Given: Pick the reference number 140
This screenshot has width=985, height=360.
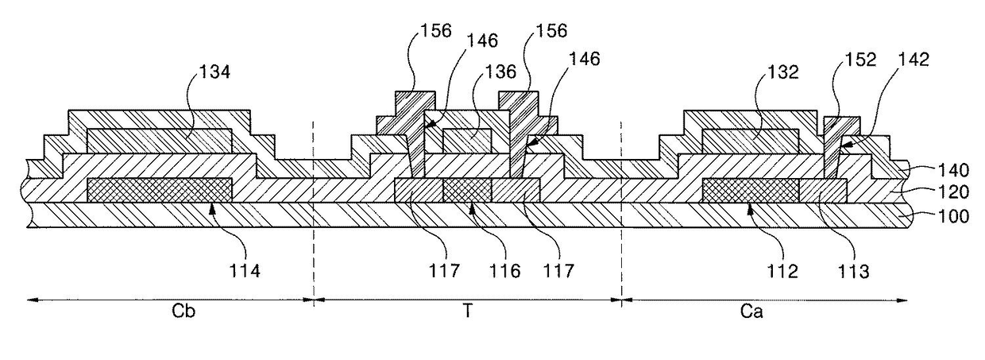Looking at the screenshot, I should (x=952, y=168).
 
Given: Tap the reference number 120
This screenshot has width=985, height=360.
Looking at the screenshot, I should (x=952, y=192).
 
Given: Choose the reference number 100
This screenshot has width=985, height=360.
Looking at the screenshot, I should (x=952, y=216).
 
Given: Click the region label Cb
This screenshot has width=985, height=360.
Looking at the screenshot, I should (x=183, y=312).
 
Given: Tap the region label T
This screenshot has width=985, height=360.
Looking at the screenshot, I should (x=469, y=312).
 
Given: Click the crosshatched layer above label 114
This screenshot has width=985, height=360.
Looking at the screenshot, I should (x=159, y=190).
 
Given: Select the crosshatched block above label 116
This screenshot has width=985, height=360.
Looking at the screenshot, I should (x=467, y=190).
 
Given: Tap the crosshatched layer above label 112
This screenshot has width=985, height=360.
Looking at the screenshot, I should (x=751, y=190).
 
